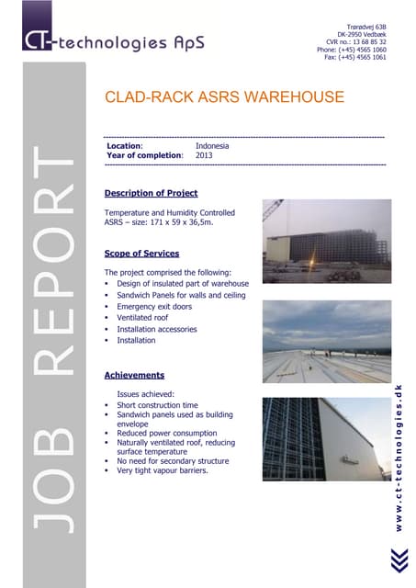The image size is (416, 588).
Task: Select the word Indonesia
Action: click(x=212, y=146)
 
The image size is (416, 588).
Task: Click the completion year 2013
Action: click(x=204, y=155)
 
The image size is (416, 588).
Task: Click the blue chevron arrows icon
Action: click(x=398, y=560)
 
